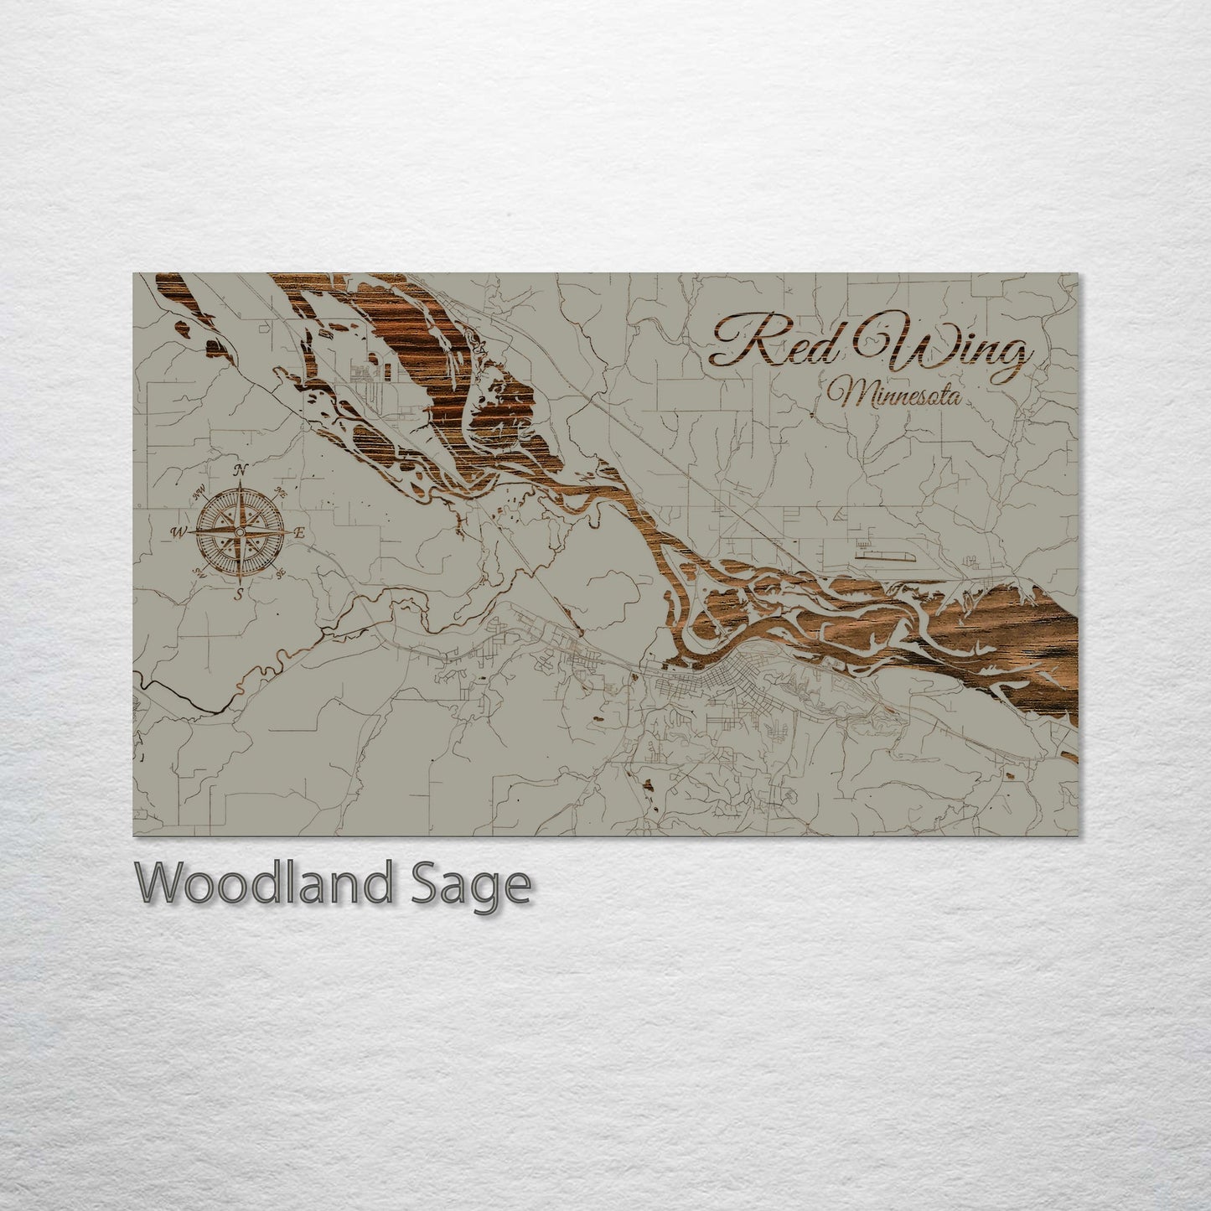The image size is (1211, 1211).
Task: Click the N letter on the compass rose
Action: [x=241, y=469]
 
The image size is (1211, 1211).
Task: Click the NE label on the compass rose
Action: [x=281, y=494]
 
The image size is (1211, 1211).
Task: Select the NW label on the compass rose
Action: [x=200, y=494]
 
